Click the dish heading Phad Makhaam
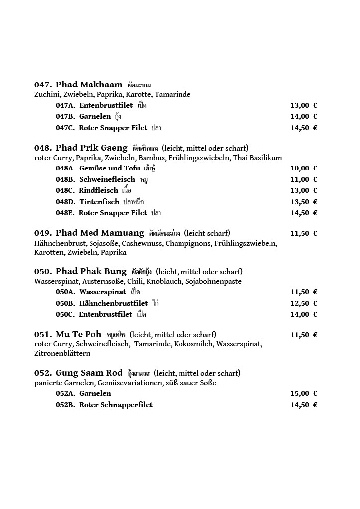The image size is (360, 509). click(89, 85)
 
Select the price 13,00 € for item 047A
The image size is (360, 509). click(303, 105)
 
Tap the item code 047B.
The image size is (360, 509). click(65, 117)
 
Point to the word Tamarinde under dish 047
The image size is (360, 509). click(173, 94)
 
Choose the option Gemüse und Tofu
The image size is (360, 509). click(109, 169)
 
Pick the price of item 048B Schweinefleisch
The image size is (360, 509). click(303, 179)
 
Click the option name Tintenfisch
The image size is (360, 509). click(99, 202)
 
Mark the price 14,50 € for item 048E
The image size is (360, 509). click(303, 213)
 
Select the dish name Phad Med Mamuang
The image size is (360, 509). click(99, 233)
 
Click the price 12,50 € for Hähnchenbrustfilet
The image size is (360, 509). click(303, 303)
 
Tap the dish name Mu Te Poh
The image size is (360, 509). click(79, 334)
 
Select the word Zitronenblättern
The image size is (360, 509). click(62, 354)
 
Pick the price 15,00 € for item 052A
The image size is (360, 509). click(303, 393)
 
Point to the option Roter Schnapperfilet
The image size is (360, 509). click(115, 405)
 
